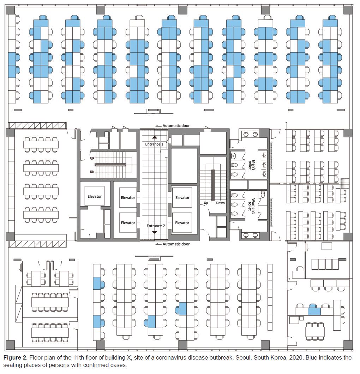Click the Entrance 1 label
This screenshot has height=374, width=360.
(154, 144)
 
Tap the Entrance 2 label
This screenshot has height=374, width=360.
(154, 226)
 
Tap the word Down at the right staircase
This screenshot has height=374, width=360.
(220, 203)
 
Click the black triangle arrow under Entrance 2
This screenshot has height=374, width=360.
(155, 232)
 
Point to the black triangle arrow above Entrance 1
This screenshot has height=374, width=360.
(155, 137)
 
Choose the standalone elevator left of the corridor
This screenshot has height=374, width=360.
(95, 196)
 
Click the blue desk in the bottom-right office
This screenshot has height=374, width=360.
(314, 311)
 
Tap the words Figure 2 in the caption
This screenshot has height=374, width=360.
(15, 357)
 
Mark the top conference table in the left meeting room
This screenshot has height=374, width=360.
(41, 145)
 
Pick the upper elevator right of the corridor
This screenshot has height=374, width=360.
(182, 198)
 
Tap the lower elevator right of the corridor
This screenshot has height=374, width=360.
(182, 223)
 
